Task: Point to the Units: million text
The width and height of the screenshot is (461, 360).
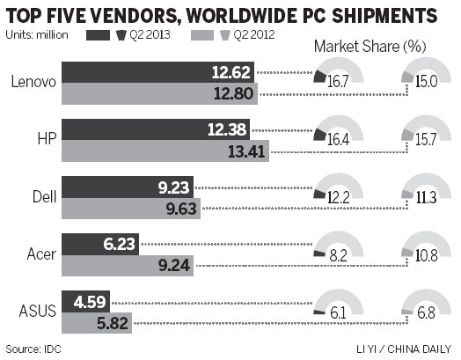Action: tap(37, 36)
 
